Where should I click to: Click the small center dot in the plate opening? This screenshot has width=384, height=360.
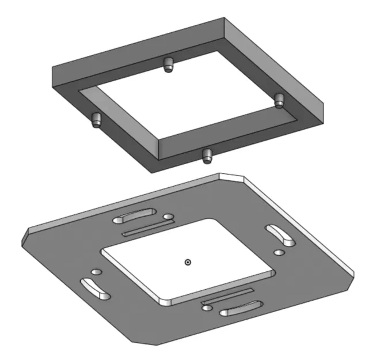click(x=187, y=262)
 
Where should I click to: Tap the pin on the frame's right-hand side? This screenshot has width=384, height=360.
click(x=279, y=99)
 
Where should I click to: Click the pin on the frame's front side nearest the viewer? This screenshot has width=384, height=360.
click(x=207, y=154)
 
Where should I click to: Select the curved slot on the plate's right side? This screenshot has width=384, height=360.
click(x=280, y=234)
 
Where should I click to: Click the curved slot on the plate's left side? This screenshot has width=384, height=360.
click(x=95, y=288)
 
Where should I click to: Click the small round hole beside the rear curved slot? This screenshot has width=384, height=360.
click(x=168, y=218)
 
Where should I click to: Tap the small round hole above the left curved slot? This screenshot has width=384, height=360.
click(x=96, y=271)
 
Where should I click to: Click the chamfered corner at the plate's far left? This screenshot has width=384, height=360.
click(x=26, y=236)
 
